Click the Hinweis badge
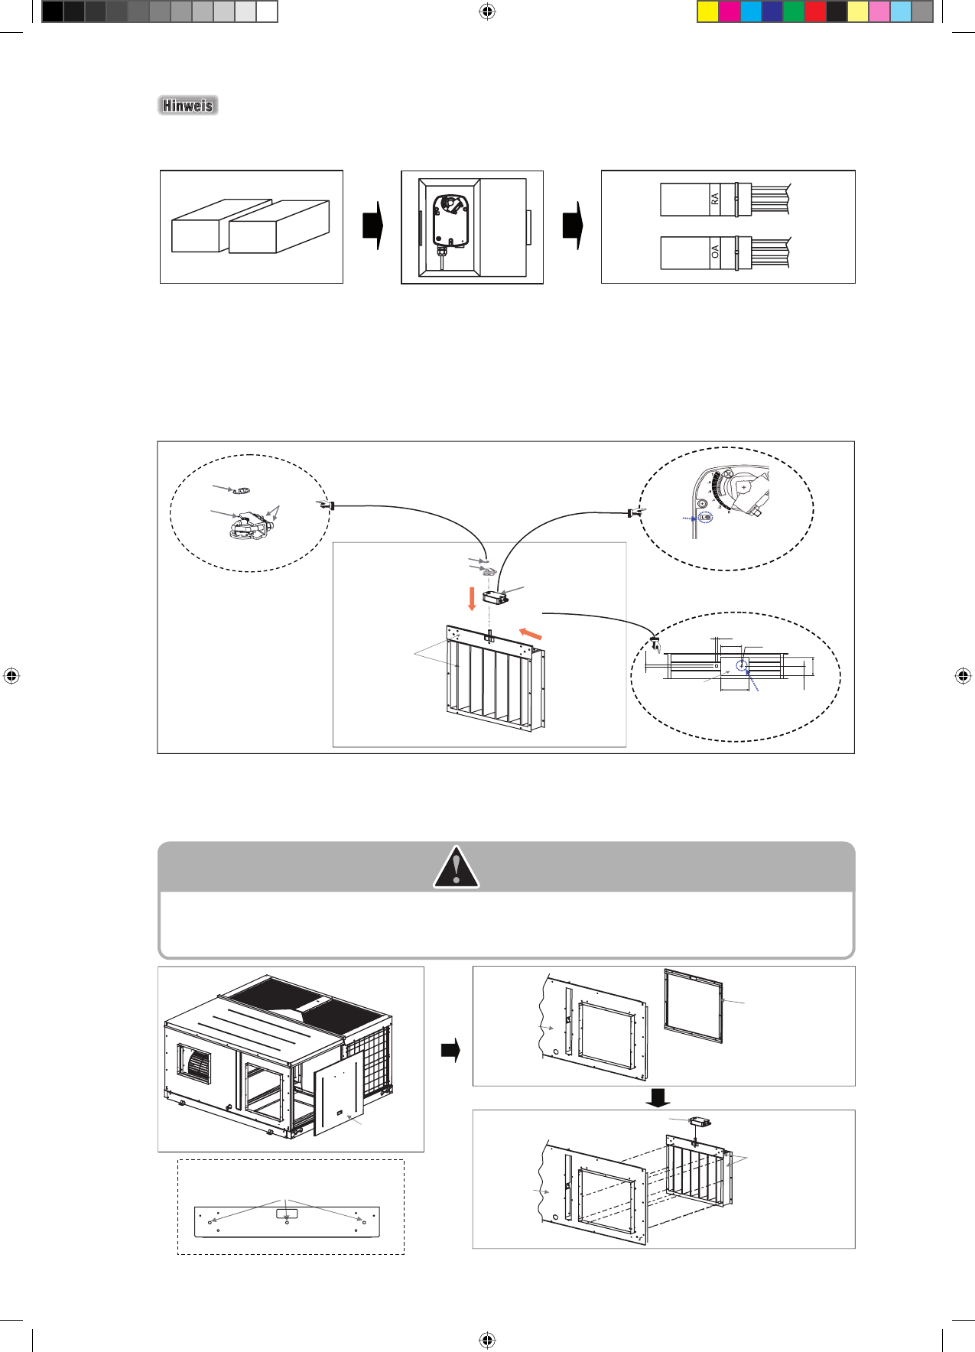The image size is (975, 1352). [188, 106]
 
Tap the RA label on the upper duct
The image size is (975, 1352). [715, 199]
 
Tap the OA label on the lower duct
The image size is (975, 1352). [715, 252]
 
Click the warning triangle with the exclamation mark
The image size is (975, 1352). [457, 867]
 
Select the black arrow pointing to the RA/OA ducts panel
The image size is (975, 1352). [573, 226]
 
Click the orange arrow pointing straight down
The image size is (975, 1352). [472, 599]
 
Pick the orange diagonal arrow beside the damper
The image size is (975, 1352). [530, 633]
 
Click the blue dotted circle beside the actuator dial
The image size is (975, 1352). [706, 518]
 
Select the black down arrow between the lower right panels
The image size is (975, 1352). [658, 1098]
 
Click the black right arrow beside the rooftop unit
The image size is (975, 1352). [450, 1050]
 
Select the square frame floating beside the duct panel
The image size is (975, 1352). [693, 1006]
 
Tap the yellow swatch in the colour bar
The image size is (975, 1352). [708, 11]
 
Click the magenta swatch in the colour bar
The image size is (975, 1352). [730, 11]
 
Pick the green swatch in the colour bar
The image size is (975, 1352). [794, 11]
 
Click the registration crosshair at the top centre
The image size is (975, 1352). [487, 11]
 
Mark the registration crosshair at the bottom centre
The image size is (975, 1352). [487, 1340]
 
